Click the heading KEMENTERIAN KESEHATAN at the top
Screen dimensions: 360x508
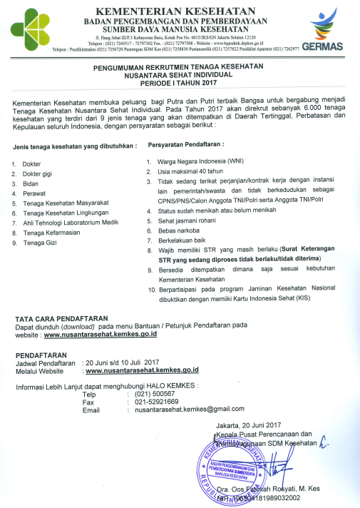coord(180,11)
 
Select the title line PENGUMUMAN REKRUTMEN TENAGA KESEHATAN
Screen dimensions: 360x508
coord(180,66)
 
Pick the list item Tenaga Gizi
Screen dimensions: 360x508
coord(42,243)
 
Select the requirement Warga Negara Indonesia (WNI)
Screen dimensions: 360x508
coord(199,162)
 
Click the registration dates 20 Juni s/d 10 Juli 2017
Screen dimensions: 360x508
coord(122,362)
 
